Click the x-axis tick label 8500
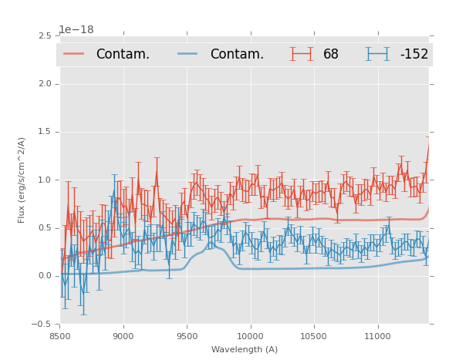click(x=60, y=336)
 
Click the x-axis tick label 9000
click(x=123, y=336)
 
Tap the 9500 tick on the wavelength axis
click(x=187, y=336)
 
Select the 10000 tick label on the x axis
click(x=251, y=336)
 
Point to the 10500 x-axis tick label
click(x=314, y=336)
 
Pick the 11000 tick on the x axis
click(x=378, y=336)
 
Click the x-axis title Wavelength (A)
click(x=245, y=350)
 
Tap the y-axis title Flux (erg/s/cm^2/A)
click(x=22, y=180)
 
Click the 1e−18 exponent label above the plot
click(x=76, y=30)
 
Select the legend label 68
click(x=331, y=54)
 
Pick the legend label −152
click(x=414, y=54)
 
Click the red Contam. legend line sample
click(x=74, y=54)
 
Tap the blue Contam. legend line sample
click(x=188, y=54)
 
